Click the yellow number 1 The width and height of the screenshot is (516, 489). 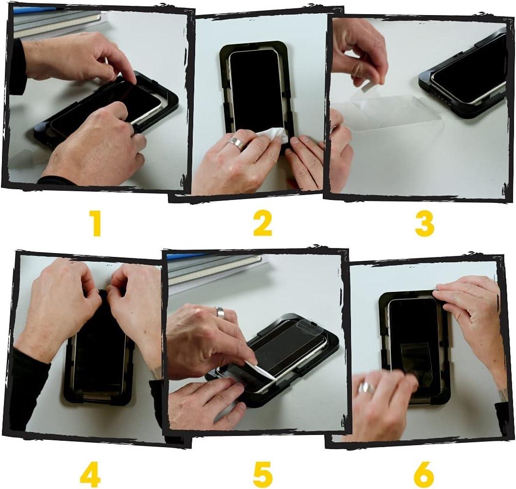click(96, 224)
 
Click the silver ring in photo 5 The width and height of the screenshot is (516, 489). click(220, 312)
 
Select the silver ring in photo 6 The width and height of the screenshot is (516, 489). click(366, 388)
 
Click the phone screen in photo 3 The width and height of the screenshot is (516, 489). click(470, 71)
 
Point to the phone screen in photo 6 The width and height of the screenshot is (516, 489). click(414, 331)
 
